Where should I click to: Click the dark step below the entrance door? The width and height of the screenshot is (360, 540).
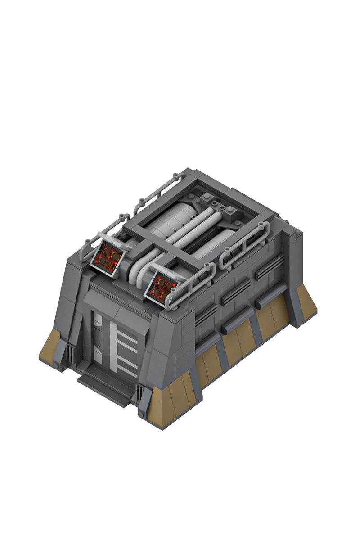pos(106,387)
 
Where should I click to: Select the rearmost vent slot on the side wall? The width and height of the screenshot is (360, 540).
pos(270,268)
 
